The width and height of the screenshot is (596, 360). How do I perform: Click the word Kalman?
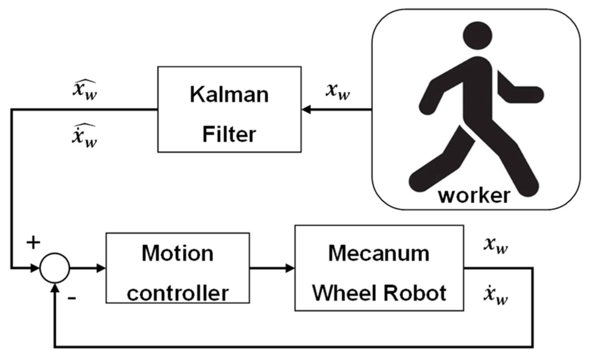pos(229,94)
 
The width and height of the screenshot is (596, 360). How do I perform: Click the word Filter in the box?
pos(229,134)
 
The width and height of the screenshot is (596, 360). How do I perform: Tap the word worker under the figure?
pos(474,195)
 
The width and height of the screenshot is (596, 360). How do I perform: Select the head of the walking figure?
pos(478,36)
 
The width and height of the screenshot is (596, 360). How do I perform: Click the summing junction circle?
pos(55,268)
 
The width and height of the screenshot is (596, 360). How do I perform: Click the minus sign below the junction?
pos(72,298)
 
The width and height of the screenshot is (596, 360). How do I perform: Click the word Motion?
pos(177,253)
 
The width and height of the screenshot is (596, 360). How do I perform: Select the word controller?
pos(177,293)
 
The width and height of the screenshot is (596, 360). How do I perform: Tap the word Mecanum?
pos(379,253)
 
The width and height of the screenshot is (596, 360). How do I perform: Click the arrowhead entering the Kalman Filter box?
pos(306,110)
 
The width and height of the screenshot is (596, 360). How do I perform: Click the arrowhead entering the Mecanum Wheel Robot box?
pos(290,268)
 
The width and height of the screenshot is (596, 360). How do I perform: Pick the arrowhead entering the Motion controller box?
pos(101,268)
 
